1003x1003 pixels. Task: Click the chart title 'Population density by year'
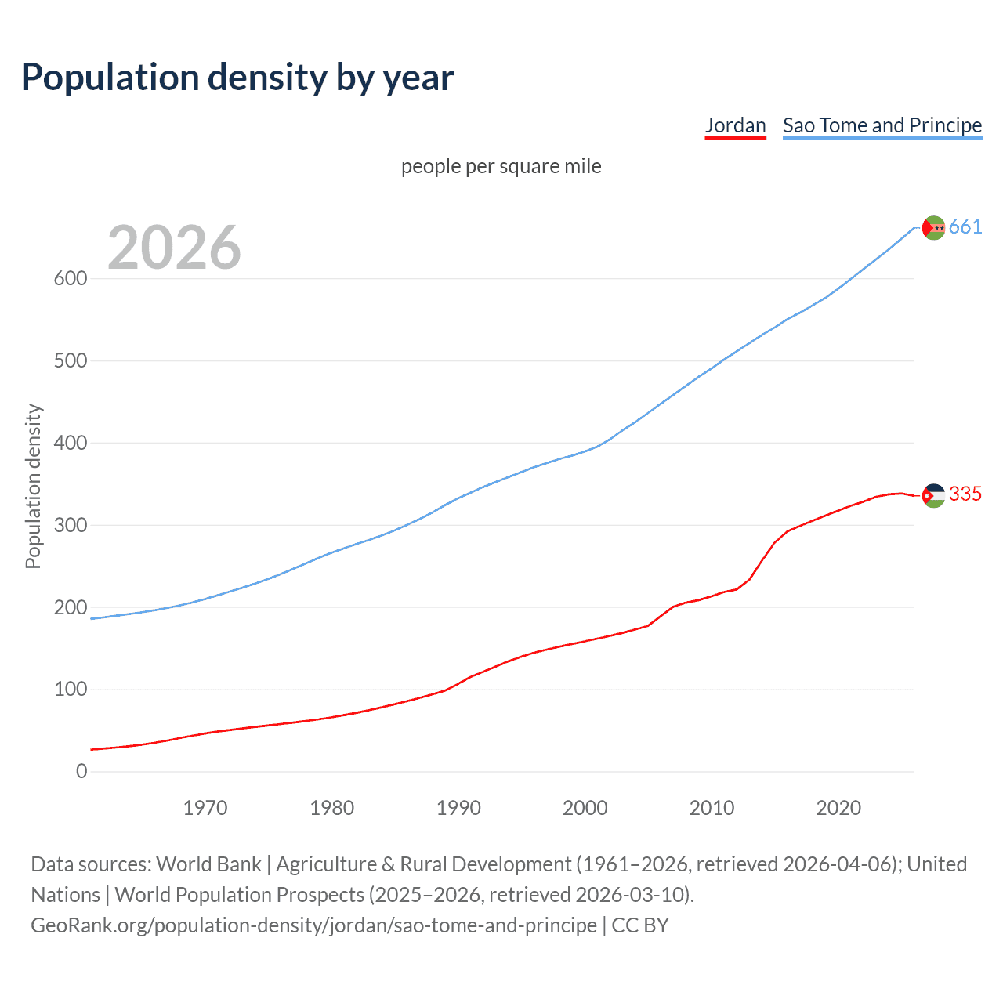coord(237,78)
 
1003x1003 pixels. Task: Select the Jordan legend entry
coord(735,125)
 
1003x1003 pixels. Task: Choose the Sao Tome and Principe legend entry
coord(882,125)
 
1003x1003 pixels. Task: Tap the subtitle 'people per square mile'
coord(501,166)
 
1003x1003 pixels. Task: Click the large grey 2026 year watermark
coord(174,248)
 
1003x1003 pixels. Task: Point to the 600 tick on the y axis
coord(71,279)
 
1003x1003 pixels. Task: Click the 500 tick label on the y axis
coord(71,361)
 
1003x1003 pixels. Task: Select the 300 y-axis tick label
coord(71,525)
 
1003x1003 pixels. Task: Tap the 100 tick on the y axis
coord(71,690)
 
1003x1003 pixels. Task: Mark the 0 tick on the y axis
coord(81,772)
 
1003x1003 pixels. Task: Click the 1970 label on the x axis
coord(205,808)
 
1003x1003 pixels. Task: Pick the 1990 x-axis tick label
coord(458,808)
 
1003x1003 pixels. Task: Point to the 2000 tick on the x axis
coord(585,808)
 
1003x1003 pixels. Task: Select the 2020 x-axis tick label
coord(838,808)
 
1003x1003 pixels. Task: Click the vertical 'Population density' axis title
coord(33,486)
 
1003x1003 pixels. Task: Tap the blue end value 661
coord(965,227)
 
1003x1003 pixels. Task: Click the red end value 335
coord(965,494)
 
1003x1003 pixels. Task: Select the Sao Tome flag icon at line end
coord(933,227)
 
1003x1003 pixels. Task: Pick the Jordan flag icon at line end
coord(933,495)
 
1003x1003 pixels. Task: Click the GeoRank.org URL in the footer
coord(313,925)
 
